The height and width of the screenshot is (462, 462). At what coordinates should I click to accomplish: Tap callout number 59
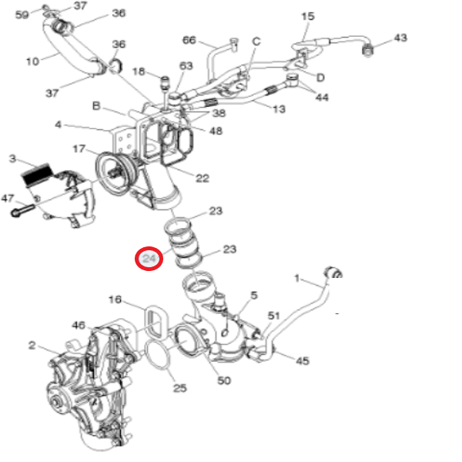[22, 15]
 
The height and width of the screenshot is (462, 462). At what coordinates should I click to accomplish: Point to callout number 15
[308, 16]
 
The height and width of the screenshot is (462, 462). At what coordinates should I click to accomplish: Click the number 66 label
[189, 40]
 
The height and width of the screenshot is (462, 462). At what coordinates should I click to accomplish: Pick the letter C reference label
[256, 42]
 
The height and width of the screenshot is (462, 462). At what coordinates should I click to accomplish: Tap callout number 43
[400, 37]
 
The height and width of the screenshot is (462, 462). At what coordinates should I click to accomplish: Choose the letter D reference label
[320, 78]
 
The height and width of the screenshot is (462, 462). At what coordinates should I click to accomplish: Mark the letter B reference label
[97, 105]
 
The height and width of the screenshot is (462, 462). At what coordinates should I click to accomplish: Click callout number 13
[279, 109]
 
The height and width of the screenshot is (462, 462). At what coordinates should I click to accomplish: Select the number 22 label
[202, 179]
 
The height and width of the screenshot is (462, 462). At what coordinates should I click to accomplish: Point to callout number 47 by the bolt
[8, 198]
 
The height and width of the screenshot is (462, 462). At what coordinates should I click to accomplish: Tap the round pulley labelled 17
[114, 169]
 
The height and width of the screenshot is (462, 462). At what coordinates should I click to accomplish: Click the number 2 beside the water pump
[32, 346]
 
